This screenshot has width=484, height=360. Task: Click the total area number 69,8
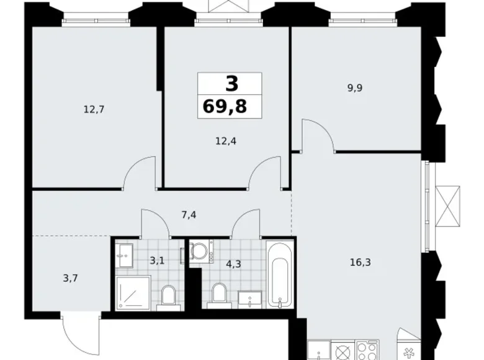click(225, 107)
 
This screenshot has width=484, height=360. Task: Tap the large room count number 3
click(232, 83)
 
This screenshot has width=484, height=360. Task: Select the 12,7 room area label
click(94, 109)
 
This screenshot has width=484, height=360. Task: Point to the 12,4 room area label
click(226, 141)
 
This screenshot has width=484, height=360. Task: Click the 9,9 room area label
click(355, 88)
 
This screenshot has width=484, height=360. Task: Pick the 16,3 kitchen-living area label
click(361, 263)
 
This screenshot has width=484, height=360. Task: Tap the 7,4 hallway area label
click(189, 215)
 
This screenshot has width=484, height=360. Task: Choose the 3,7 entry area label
click(70, 279)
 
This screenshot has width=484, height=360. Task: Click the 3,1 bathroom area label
click(157, 261)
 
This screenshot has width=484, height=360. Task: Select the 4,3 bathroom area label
click(233, 264)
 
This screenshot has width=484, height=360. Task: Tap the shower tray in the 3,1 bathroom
click(133, 294)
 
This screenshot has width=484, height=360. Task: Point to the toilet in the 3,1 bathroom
click(169, 298)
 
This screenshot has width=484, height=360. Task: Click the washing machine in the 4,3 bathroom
click(201, 251)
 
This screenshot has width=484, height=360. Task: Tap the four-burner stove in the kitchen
click(367, 350)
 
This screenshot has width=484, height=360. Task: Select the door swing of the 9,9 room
click(318, 135)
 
